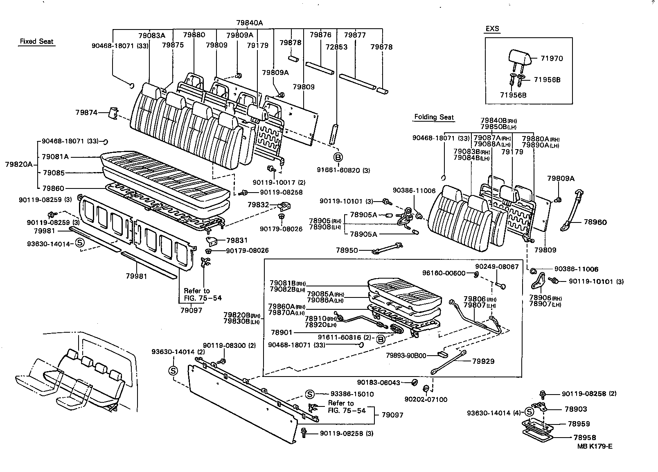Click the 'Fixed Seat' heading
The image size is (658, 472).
[36, 41]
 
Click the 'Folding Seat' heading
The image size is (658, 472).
[434, 117]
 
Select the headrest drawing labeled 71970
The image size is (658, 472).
[519, 58]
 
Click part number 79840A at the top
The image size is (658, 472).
[249, 23]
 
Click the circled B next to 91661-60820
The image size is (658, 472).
[338, 157]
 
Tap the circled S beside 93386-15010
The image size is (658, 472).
[310, 394]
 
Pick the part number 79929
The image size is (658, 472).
[483, 361]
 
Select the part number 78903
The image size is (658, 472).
[576, 409]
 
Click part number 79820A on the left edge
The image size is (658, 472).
[18, 164]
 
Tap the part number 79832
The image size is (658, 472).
[258, 204]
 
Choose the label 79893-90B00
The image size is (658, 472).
[406, 356]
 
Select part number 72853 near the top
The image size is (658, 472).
[336, 47]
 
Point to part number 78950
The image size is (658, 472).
[347, 250]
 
